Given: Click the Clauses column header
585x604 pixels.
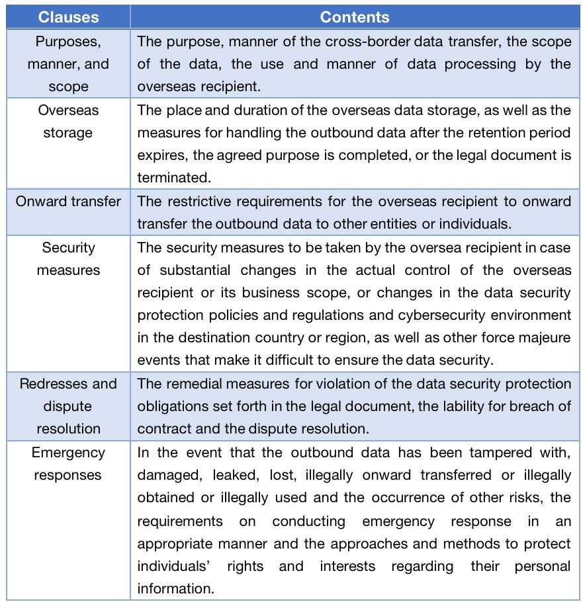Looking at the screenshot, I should (x=67, y=17).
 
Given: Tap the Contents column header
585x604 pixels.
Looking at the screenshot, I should (x=355, y=17).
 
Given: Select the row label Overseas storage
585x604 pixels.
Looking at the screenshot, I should (x=68, y=121).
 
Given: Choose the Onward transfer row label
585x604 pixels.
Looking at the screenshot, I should (x=68, y=201).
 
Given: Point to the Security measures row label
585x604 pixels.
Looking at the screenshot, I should (x=68, y=258).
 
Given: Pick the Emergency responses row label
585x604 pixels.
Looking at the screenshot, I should (x=68, y=464).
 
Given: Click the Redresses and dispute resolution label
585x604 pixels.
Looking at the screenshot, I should (x=68, y=406).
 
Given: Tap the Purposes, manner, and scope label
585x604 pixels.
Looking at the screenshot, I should (x=68, y=64).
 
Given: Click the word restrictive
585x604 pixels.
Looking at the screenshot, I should (x=197, y=201).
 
